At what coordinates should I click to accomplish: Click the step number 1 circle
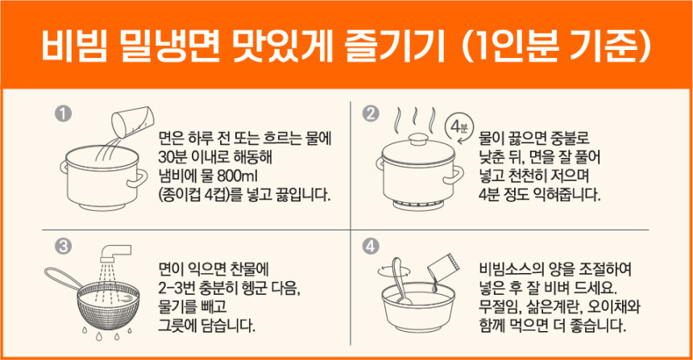pos(63,114)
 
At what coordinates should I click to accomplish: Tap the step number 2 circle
pos(370,114)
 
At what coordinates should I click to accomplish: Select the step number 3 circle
pos(63,246)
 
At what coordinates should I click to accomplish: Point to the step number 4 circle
pos(370,246)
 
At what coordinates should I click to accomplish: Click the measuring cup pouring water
pos(133,120)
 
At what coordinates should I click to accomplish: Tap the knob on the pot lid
pos(417,139)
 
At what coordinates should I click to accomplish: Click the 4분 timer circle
pos(459,129)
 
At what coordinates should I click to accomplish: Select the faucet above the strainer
pos(115,253)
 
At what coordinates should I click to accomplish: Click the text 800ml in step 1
pos(237,176)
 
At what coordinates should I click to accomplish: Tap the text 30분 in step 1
pos(172,157)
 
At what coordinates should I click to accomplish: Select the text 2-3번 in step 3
pos(177,288)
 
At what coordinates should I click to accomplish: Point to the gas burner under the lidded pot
pos(418,205)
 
